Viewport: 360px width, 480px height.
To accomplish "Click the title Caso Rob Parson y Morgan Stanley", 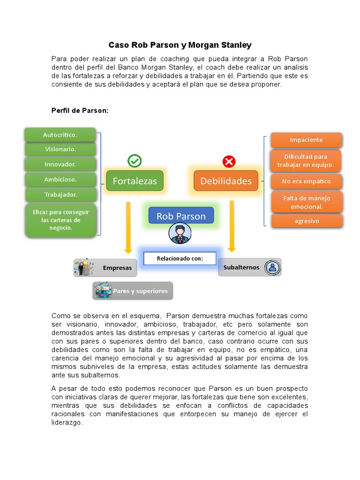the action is [x=180, y=45].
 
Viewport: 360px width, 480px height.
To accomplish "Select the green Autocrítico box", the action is [x=60, y=135].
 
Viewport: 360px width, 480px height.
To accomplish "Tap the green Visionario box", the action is [x=60, y=149].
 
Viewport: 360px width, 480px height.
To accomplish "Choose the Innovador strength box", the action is [x=60, y=164].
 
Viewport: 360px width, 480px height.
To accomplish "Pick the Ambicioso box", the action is [x=60, y=179].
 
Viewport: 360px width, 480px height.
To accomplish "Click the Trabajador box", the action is [x=61, y=194].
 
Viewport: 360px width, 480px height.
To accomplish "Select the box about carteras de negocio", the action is [x=61, y=220].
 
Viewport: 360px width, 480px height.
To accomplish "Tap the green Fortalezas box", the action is [x=135, y=181].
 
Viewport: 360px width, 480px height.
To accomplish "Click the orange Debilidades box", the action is [x=226, y=181].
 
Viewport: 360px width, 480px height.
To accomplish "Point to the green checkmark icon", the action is [x=135, y=161].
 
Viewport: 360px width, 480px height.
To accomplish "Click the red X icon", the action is [x=229, y=162].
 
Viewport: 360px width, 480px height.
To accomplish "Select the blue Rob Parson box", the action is [x=181, y=216].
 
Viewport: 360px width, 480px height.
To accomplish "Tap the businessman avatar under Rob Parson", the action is [x=180, y=233].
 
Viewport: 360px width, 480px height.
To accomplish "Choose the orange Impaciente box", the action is [x=306, y=140].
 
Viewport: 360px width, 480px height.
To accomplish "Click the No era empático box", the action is [x=306, y=181].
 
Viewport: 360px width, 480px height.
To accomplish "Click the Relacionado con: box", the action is [x=180, y=258].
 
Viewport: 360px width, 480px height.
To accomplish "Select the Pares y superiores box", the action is [x=133, y=291].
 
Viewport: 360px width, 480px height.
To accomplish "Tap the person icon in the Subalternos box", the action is [x=272, y=267].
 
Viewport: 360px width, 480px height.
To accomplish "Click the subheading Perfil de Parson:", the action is [x=80, y=110].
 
